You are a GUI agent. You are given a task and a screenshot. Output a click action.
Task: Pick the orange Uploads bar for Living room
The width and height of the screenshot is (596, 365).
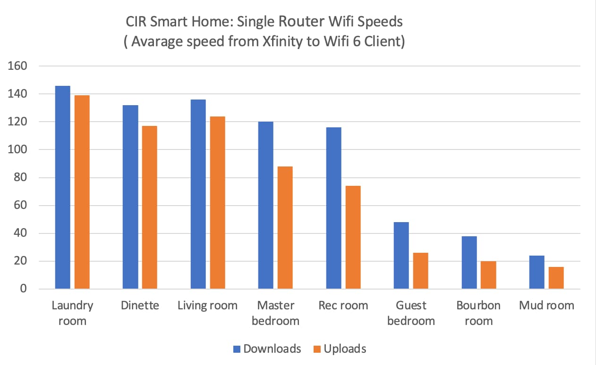click(218, 202)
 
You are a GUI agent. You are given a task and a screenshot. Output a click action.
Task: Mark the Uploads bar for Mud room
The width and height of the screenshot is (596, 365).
click(556, 278)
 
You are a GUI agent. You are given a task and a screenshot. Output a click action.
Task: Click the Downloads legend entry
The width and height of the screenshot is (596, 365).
click(267, 349)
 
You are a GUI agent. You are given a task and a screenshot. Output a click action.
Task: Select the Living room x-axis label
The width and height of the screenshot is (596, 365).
click(207, 306)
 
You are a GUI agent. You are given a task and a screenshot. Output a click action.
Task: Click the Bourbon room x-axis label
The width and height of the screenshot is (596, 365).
click(478, 313)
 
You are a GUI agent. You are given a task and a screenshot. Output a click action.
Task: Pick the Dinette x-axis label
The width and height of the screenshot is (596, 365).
click(140, 306)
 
